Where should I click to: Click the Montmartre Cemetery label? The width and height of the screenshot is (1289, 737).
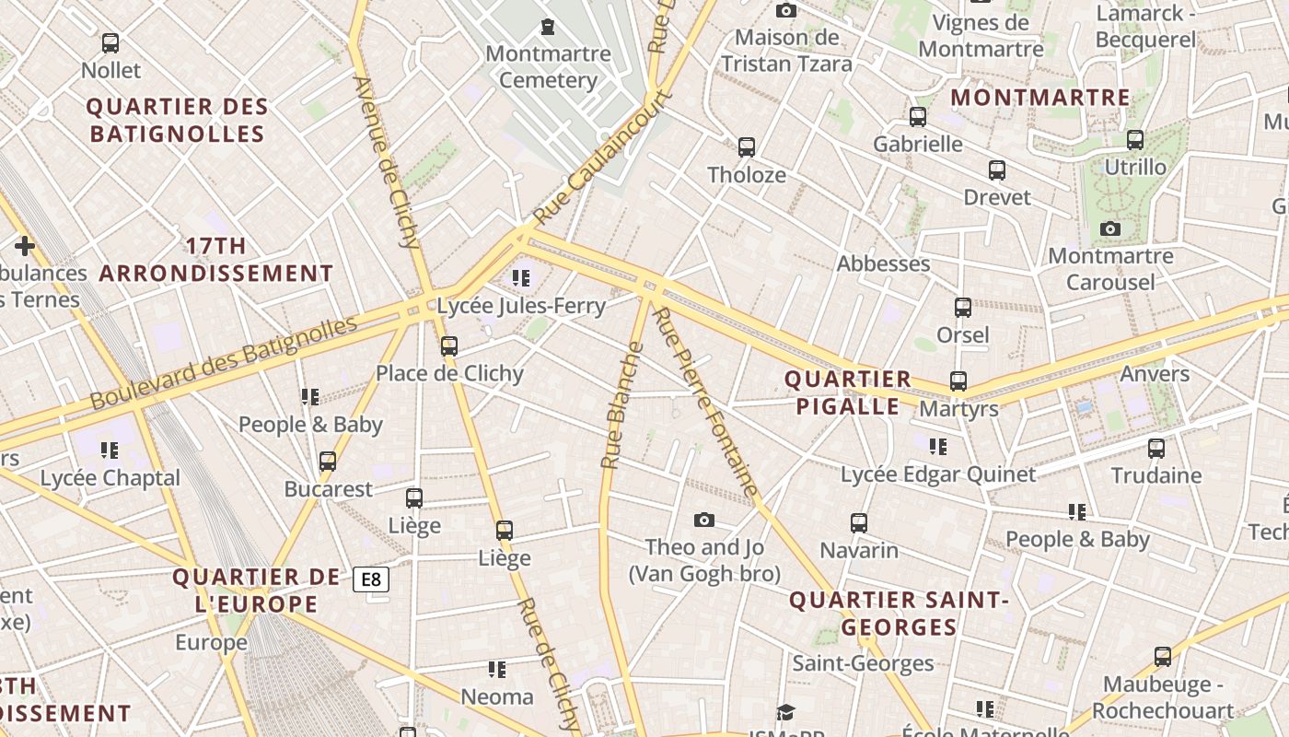[x=548, y=66]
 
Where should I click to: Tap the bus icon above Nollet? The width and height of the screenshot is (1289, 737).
[x=110, y=42]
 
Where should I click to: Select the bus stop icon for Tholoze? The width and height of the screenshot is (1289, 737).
[x=747, y=146]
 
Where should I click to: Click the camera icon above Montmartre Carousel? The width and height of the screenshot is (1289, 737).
[x=1110, y=228]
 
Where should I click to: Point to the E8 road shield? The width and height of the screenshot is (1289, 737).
[x=371, y=579]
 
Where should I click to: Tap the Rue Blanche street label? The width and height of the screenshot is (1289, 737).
[x=621, y=404]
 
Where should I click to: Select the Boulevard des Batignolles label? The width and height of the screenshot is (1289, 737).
[x=224, y=363]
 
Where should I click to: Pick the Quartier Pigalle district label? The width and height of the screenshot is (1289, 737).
[x=847, y=392]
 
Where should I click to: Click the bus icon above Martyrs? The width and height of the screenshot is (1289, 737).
[x=958, y=380]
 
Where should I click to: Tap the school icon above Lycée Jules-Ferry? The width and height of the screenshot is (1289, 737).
[x=521, y=277]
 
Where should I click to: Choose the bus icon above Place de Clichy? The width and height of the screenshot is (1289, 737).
[x=449, y=346]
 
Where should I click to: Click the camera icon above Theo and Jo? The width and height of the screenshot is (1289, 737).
[x=704, y=521]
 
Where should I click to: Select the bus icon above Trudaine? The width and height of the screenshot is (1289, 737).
[x=1156, y=449]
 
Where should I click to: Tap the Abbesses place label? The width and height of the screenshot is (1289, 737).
[x=883, y=263]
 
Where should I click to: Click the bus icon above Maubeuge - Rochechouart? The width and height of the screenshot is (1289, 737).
[x=1163, y=657]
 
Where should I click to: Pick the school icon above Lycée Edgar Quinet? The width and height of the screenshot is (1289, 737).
[x=938, y=447]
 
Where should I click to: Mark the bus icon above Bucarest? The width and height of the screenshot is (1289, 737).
[x=328, y=462]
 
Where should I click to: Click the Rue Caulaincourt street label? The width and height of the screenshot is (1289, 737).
[x=603, y=157]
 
